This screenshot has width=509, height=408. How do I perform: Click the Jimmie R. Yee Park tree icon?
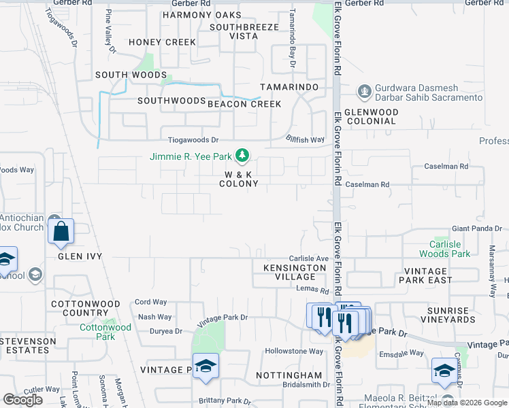pyautogui.click(x=242, y=156)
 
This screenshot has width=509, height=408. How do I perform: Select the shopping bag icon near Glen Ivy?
pyautogui.click(x=61, y=231)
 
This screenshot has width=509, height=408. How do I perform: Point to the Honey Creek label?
pyautogui.click(x=162, y=42)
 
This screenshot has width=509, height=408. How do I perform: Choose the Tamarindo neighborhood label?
pyautogui.click(x=289, y=88)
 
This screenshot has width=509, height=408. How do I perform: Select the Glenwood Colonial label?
pyautogui.click(x=371, y=116)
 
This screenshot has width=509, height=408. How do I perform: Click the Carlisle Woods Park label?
pyautogui.click(x=450, y=249)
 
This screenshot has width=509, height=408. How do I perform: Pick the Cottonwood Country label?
pyautogui.click(x=86, y=309)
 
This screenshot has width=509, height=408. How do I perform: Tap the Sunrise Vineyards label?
pyautogui.click(x=447, y=314)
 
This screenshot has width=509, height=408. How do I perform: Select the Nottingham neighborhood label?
pyautogui.click(x=289, y=375)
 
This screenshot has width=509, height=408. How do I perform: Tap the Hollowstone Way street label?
pyautogui.click(x=294, y=352)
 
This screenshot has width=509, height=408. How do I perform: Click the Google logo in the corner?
pyautogui.click(x=23, y=399)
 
